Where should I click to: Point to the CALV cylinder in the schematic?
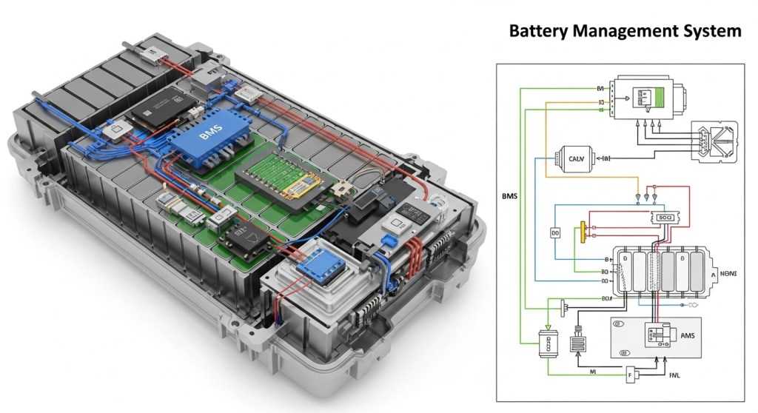click(x=574, y=158)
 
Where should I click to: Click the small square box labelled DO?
click(x=555, y=232)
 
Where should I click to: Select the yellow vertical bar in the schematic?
click(x=583, y=231)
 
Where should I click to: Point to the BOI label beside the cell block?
click(x=606, y=298)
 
